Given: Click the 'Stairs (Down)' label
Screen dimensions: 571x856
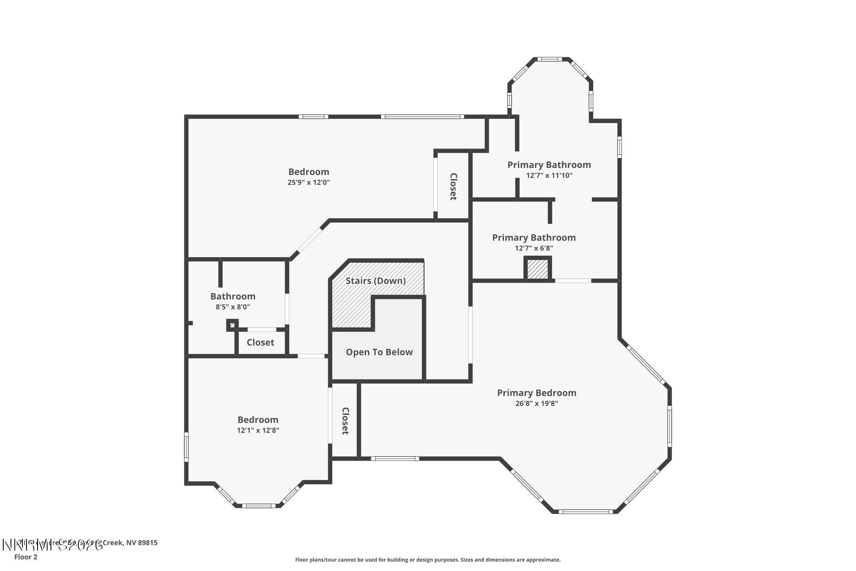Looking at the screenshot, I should (x=375, y=281).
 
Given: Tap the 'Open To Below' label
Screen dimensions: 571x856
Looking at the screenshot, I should (x=379, y=352).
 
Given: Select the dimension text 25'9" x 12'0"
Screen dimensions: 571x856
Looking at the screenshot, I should (x=308, y=182).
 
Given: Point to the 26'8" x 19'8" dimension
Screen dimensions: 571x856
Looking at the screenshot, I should (x=536, y=404).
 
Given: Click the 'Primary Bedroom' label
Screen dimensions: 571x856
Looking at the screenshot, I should (x=536, y=393).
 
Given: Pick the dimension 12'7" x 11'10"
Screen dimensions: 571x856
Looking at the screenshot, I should (x=549, y=176).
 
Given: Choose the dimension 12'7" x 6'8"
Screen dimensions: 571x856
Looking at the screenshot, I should (x=534, y=248).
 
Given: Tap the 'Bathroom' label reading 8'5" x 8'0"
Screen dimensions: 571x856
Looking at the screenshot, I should (x=232, y=296).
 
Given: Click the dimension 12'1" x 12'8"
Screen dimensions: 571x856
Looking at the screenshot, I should (x=257, y=430).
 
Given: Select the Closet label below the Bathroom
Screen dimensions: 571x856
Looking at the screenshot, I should (x=260, y=343).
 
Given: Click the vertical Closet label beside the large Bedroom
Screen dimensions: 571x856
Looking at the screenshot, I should (x=453, y=187).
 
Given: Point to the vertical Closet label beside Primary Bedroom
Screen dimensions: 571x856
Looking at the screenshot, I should (x=345, y=421).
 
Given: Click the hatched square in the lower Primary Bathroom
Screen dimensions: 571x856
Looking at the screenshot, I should (x=538, y=269).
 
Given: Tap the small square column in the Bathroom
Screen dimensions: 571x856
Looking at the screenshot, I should (x=232, y=325).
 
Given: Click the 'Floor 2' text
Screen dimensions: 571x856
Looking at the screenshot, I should (x=26, y=557).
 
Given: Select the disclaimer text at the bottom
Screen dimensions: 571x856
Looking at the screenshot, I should (x=428, y=560).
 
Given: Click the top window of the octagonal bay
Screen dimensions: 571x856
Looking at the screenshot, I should (x=549, y=59).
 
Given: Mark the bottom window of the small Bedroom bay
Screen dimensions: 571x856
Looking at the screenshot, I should (x=259, y=506).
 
